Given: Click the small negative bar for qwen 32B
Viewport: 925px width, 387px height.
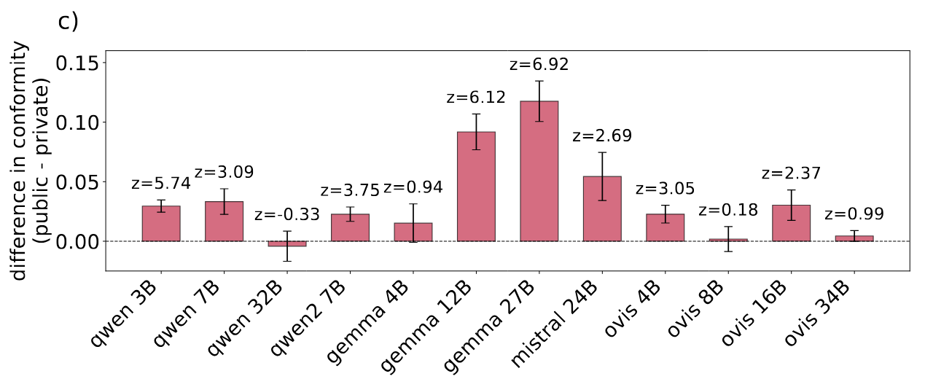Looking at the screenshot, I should pos(287,243).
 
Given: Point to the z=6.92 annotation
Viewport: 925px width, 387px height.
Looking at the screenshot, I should pos(539,64).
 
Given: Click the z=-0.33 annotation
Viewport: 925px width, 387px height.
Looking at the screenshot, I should pos(287,215).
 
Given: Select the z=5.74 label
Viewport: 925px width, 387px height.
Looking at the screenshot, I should pos(161,184).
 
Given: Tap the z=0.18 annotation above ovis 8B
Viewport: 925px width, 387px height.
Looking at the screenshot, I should pos(728,211).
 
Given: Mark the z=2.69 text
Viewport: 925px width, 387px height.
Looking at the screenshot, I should pos(602,136).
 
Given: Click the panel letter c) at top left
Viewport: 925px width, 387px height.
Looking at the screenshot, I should pos(68,21).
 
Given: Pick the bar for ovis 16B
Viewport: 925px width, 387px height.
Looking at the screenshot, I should pos(791,223).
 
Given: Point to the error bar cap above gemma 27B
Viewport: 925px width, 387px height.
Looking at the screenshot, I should pos(539,81).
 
